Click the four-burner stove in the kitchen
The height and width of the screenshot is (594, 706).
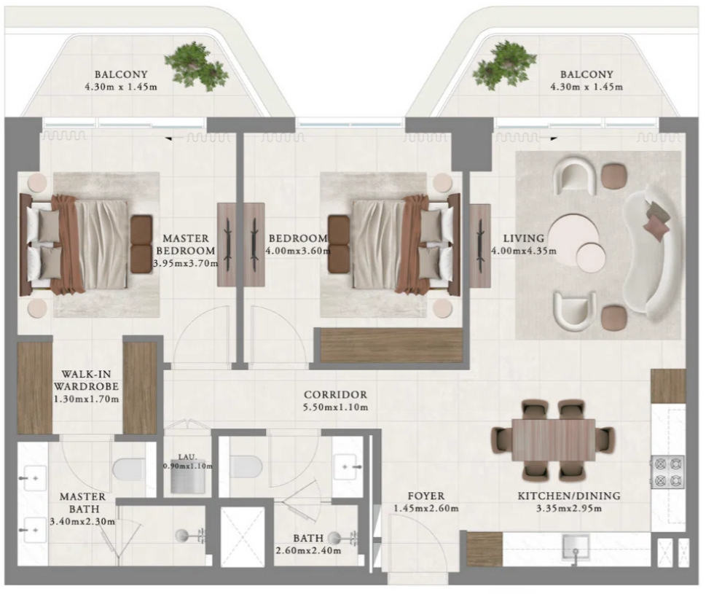point(667,472)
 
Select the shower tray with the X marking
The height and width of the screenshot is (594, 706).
point(242,536)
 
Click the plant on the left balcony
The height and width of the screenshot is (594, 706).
point(196,66)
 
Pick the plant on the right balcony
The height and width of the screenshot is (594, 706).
point(504,66)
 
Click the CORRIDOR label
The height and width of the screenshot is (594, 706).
point(335,394)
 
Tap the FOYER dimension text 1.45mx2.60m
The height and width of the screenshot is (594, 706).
point(426,509)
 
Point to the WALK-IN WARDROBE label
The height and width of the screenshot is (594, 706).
point(86,380)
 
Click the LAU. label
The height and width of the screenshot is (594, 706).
point(187,457)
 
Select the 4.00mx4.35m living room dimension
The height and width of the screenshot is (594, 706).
point(524,251)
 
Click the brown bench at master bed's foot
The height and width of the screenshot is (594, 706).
point(141,245)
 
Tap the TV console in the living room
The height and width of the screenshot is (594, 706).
point(480,246)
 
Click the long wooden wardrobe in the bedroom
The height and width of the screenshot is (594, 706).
point(391,345)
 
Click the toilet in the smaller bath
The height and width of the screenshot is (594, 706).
point(246,466)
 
